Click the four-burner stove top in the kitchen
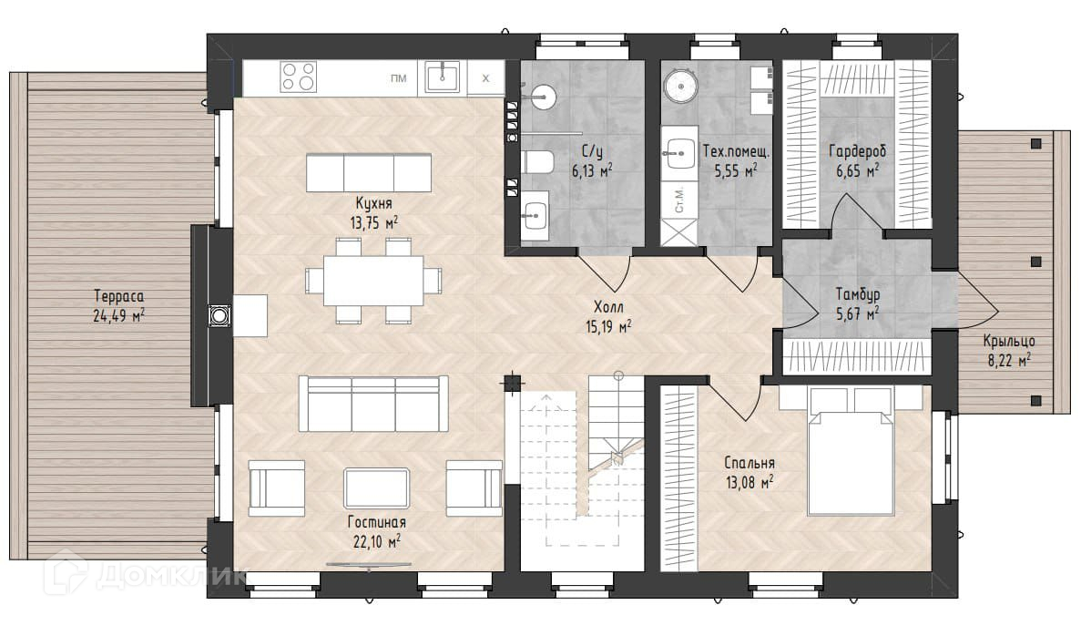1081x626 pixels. click(x=298, y=77)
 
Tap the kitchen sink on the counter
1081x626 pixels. click(x=442, y=77)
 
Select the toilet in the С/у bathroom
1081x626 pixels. click(x=537, y=162)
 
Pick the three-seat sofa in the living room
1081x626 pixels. click(x=373, y=404)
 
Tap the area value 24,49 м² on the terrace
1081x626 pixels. click(x=118, y=316)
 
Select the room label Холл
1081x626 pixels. click(x=608, y=307)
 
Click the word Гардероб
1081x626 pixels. click(x=857, y=151)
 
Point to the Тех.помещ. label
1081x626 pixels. click(x=736, y=151)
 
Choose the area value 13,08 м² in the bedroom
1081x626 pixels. click(x=750, y=482)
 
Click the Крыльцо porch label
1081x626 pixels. click(x=1009, y=342)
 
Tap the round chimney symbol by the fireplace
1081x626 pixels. click(x=219, y=316)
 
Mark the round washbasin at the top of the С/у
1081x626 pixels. click(x=543, y=97)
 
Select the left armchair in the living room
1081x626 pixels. click(x=277, y=488)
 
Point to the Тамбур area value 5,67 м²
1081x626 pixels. click(x=858, y=314)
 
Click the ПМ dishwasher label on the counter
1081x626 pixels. click(x=399, y=78)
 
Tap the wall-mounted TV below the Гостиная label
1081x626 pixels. click(x=368, y=566)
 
